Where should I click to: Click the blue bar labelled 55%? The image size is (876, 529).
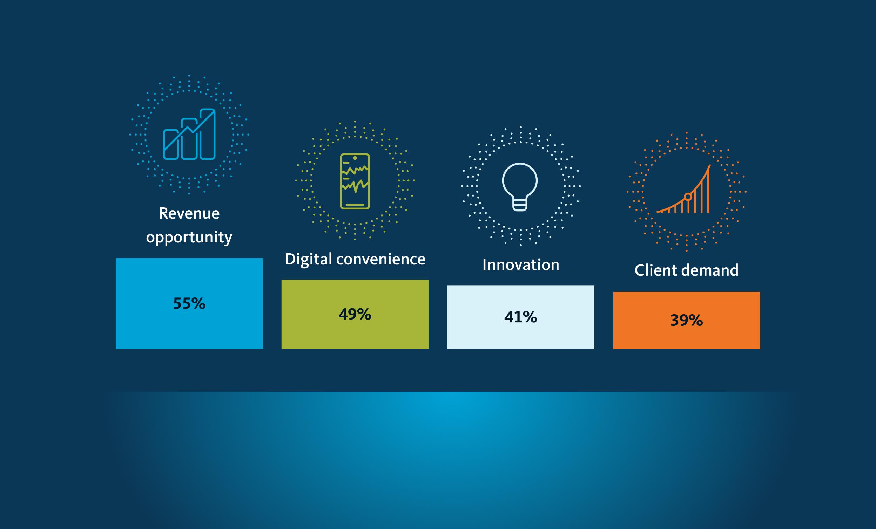pos(189,303)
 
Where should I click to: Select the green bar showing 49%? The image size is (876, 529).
pos(355,314)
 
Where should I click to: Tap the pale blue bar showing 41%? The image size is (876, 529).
pos(520,317)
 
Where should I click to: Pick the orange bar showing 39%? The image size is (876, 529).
pos(687,320)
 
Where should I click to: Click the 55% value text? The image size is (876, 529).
pos(189,304)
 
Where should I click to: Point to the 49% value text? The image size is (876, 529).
pos(355,314)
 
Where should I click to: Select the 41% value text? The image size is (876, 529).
pos(520,317)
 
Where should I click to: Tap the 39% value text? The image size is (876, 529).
pos(687,321)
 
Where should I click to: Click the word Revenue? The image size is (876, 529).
pos(189,213)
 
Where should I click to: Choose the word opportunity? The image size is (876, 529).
pos(189,237)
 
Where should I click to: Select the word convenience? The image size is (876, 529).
pos(381,259)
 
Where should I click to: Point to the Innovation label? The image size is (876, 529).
pos(521,265)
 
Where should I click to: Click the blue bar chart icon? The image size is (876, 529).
pos(189,134)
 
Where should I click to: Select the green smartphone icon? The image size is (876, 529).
pos(355,181)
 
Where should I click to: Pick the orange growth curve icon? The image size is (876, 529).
pos(684,189)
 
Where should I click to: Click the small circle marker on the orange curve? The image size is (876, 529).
pos(688,197)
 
